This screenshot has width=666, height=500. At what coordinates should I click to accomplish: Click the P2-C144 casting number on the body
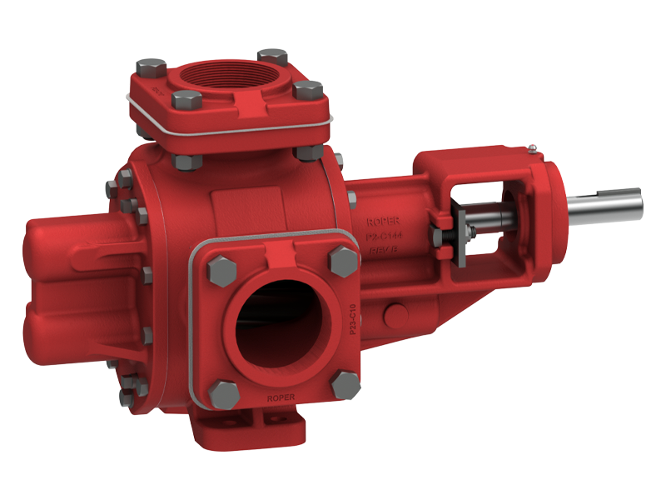(382, 237)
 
